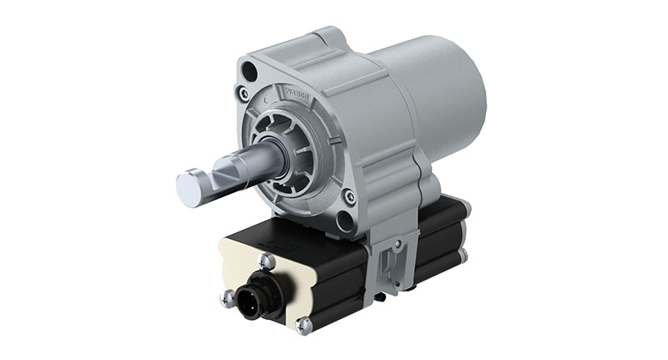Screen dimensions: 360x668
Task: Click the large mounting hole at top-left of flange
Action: (249, 73)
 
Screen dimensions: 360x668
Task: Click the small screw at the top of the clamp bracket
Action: (398, 243)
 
